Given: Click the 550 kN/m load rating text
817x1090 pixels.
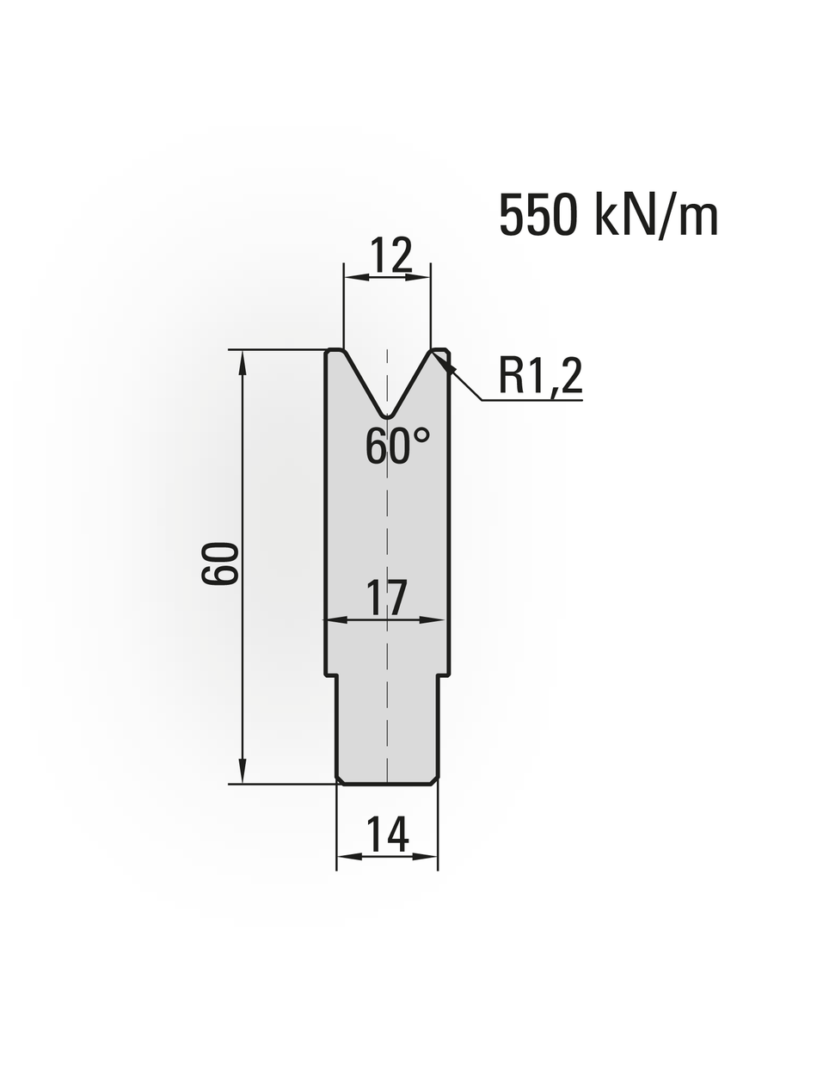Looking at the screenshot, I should [x=608, y=215].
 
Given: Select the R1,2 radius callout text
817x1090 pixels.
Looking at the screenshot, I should [x=540, y=376].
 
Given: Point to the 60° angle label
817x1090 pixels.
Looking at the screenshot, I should [x=396, y=446].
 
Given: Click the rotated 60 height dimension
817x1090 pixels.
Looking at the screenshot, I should [x=220, y=564].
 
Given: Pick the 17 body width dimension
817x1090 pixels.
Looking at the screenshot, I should [x=387, y=597].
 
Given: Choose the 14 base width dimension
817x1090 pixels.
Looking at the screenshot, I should [x=387, y=834].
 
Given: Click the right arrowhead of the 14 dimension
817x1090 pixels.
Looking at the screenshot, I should [x=427, y=856].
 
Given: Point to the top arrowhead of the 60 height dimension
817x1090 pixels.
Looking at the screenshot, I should [x=243, y=361].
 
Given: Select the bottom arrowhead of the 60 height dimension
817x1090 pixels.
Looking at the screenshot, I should [x=243, y=772].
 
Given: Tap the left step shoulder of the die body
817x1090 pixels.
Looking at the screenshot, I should [x=331, y=675].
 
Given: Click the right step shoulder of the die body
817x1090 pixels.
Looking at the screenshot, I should [x=444, y=675].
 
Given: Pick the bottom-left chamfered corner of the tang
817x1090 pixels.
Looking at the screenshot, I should [x=340, y=780].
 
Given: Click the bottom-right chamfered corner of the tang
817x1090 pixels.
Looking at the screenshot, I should [x=434, y=780].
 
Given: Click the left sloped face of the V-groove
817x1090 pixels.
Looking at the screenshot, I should [x=363, y=384].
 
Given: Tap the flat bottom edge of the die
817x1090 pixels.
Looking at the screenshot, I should [x=387, y=784].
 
